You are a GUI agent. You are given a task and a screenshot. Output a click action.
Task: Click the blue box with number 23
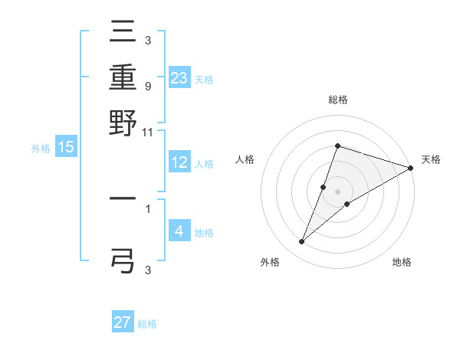(x=179, y=78)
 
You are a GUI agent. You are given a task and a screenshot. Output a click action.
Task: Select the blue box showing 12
(x=179, y=162)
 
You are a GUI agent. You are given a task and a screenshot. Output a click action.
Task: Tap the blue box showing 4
(x=179, y=231)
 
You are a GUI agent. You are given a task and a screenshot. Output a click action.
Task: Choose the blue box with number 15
(x=65, y=147)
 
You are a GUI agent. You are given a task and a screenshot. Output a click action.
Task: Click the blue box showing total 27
(x=123, y=322)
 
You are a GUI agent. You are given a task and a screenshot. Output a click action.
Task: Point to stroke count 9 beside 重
(x=147, y=86)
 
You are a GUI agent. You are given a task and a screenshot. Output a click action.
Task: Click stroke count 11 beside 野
(x=147, y=132)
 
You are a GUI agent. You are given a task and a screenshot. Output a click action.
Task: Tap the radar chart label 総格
(x=338, y=100)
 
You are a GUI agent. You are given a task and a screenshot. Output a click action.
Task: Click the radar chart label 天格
(x=431, y=159)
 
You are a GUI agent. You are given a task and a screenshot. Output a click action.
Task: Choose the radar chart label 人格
(x=245, y=159)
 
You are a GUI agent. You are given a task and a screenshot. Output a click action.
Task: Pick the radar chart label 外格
(x=270, y=262)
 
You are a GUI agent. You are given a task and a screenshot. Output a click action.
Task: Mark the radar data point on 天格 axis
(x=410, y=169)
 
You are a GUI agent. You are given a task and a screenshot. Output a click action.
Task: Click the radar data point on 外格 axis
(x=302, y=242)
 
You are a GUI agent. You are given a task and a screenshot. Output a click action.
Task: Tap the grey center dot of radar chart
(x=338, y=191)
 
